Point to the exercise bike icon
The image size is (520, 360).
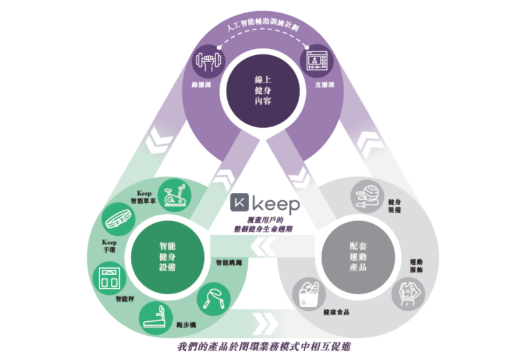[x=174, y=195]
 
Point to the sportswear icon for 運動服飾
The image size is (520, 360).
[x=408, y=292]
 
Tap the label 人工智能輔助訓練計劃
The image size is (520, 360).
[x=260, y=29]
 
